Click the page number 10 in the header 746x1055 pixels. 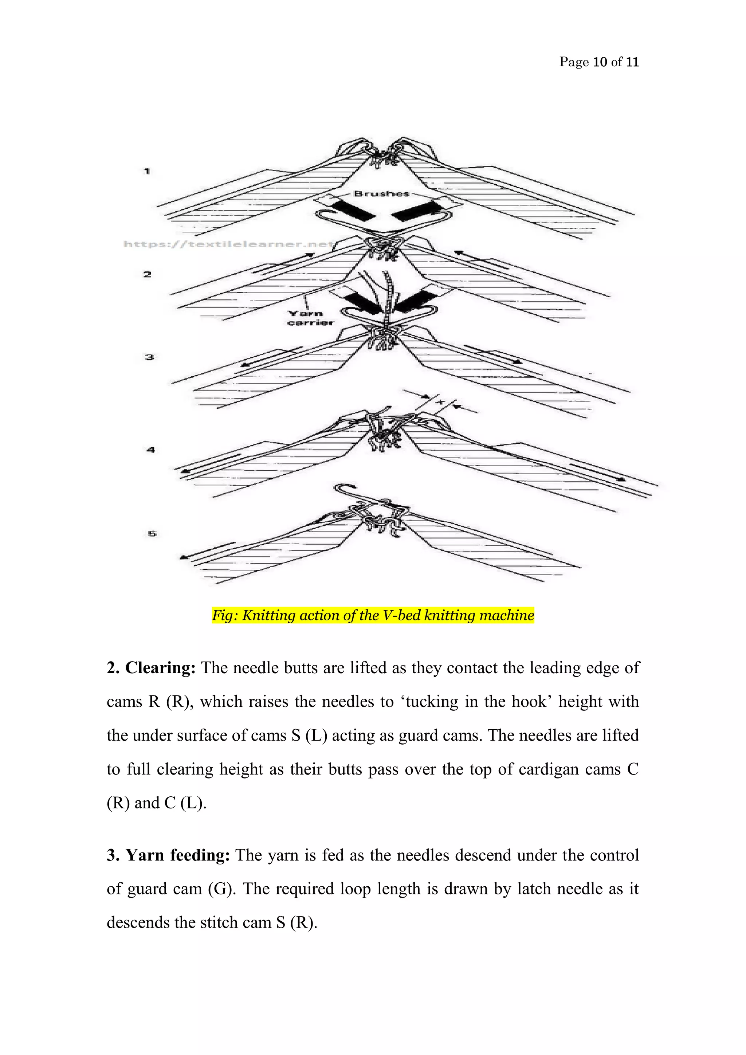(x=600, y=62)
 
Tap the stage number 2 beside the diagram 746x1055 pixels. (x=147, y=274)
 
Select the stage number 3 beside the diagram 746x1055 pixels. (x=149, y=357)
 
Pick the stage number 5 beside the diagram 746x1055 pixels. (x=152, y=533)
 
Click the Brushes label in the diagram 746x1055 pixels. (x=381, y=193)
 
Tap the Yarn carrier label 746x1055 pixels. (x=310, y=318)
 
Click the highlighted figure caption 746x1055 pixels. (x=373, y=615)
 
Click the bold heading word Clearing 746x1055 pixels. (x=160, y=668)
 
